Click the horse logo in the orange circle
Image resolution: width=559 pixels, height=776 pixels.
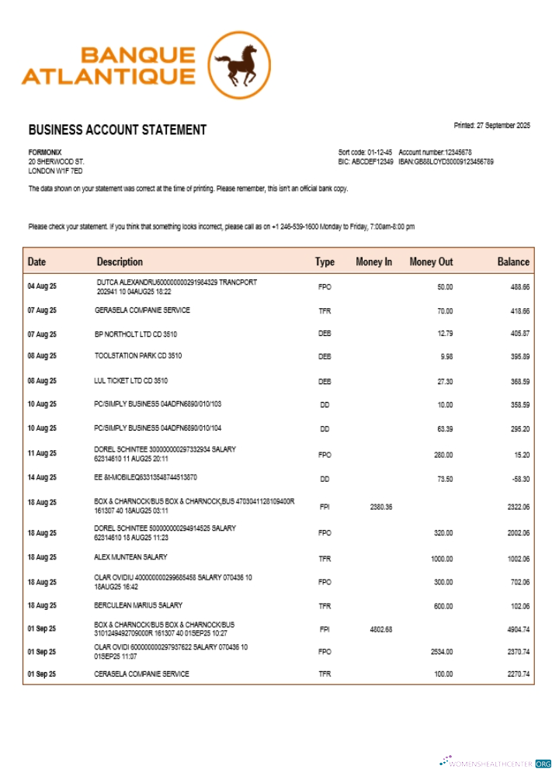[240, 66]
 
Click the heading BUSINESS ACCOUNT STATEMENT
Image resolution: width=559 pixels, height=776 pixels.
[117, 130]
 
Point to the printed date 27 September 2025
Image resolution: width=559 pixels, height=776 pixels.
[491, 126]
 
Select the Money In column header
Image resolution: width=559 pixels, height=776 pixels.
[373, 262]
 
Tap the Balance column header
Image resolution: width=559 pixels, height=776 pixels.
[513, 262]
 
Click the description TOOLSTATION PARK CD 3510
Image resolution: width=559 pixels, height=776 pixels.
[137, 356]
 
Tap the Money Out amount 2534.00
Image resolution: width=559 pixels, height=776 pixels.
[441, 653]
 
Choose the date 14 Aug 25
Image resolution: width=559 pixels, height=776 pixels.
[42, 478]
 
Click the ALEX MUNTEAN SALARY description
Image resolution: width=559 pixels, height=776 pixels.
[130, 557]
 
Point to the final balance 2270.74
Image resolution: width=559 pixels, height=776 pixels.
[516, 674]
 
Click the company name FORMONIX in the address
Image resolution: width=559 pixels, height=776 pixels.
[45, 152]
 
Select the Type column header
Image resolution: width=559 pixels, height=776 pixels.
[325, 262]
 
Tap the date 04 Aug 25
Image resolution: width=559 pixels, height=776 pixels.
[42, 286]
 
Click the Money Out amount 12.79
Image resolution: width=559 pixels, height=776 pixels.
[444, 334]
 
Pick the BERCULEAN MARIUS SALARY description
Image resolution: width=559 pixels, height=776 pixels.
[138, 605]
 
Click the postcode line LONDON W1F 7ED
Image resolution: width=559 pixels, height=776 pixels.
[55, 171]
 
